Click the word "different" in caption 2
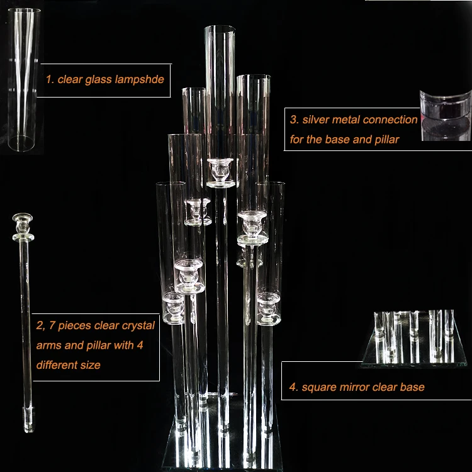[x=53, y=365]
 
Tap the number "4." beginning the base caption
[x=293, y=387]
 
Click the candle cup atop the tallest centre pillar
[x=220, y=170]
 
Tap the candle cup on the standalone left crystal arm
[x=23, y=227]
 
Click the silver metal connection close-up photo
[x=446, y=115]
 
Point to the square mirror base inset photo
[x=413, y=339]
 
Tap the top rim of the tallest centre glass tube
[x=220, y=28]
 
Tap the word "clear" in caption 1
[x=70, y=80]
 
